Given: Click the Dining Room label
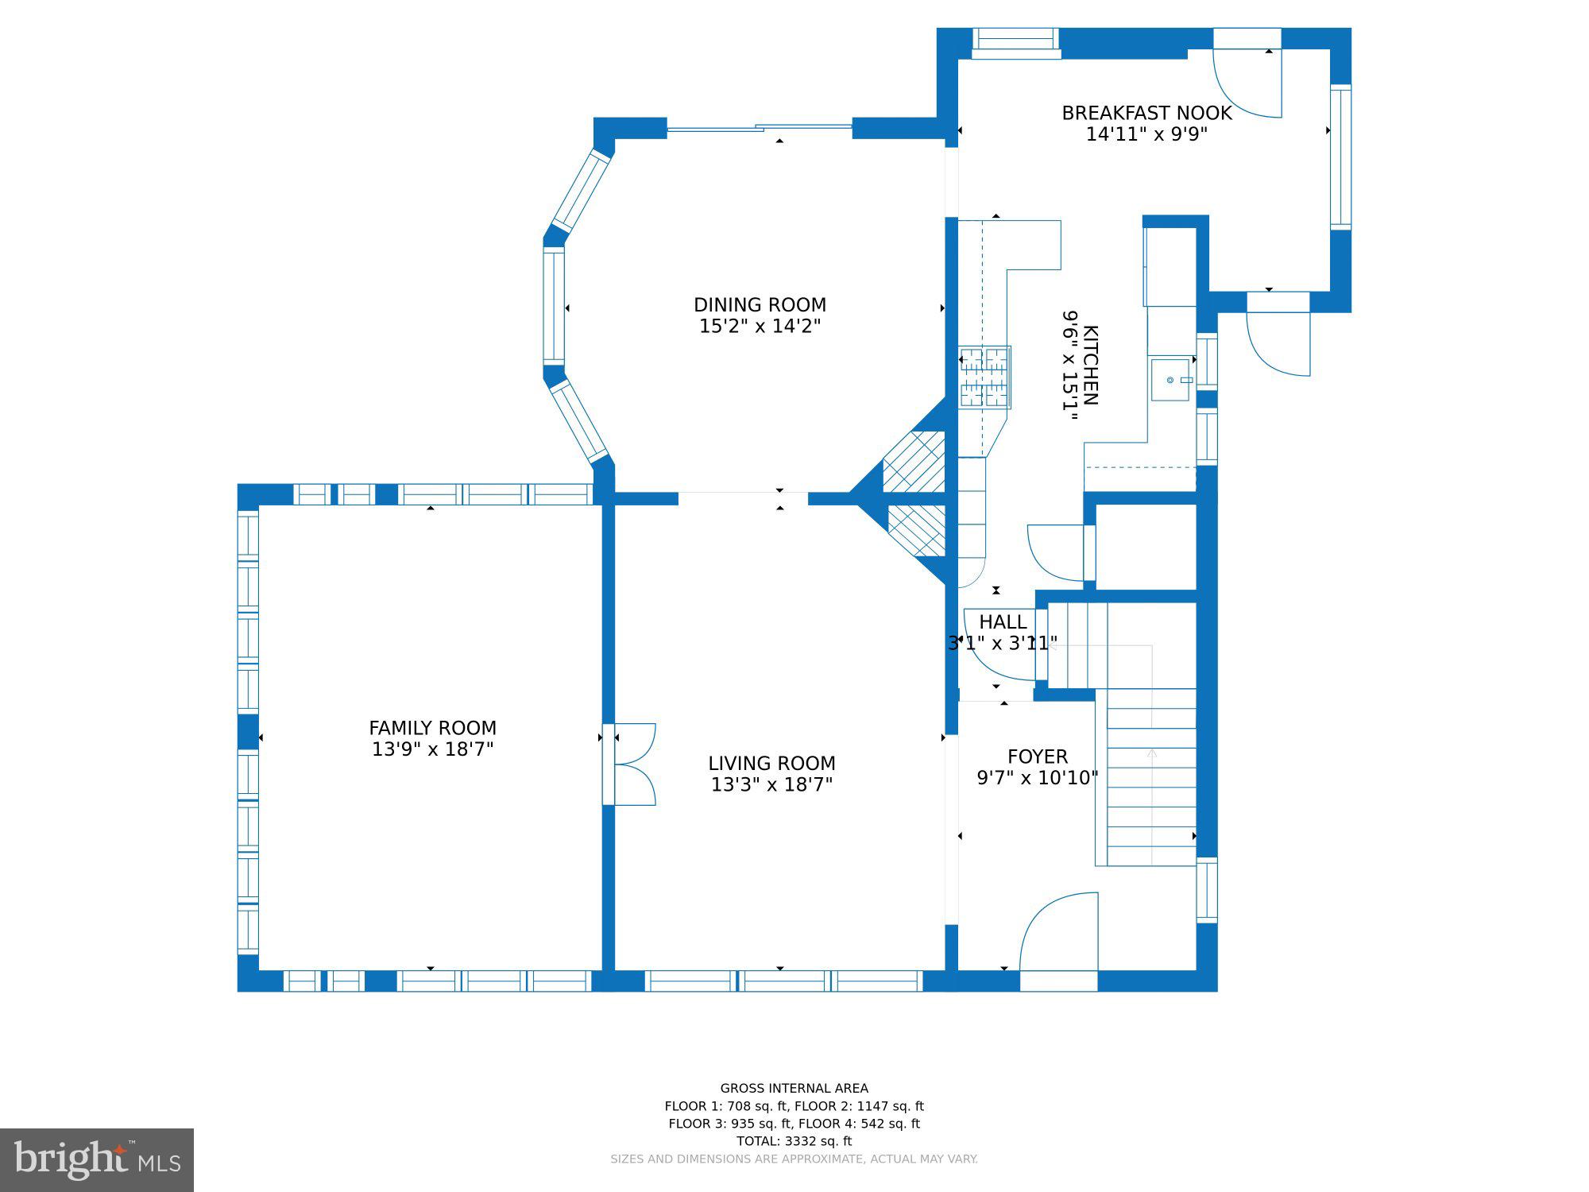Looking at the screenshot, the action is pyautogui.click(x=760, y=305).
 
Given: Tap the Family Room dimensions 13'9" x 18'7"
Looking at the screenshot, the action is pyautogui.click(x=433, y=749).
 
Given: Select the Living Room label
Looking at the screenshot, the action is pyautogui.click(x=771, y=764).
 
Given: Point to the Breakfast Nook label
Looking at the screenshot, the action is pyautogui.click(x=1146, y=114).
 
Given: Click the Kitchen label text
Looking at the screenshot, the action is pyautogui.click(x=1091, y=365).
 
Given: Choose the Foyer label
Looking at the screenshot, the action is pyautogui.click(x=1038, y=757).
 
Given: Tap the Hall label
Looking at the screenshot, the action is pyautogui.click(x=1003, y=621).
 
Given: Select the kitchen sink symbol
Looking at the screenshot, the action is pyautogui.click(x=1171, y=380).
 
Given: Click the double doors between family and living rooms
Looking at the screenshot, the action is pyautogui.click(x=629, y=764).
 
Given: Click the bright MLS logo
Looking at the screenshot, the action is pyautogui.click(x=97, y=1159).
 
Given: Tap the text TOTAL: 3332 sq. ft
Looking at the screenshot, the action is pyautogui.click(x=794, y=1141).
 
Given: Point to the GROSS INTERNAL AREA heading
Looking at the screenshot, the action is pyautogui.click(x=794, y=1089).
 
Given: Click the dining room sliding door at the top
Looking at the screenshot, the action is pyautogui.click(x=760, y=127).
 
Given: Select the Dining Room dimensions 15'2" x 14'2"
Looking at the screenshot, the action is pyautogui.click(x=760, y=327).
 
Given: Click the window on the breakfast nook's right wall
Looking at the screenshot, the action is pyautogui.click(x=1340, y=157).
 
